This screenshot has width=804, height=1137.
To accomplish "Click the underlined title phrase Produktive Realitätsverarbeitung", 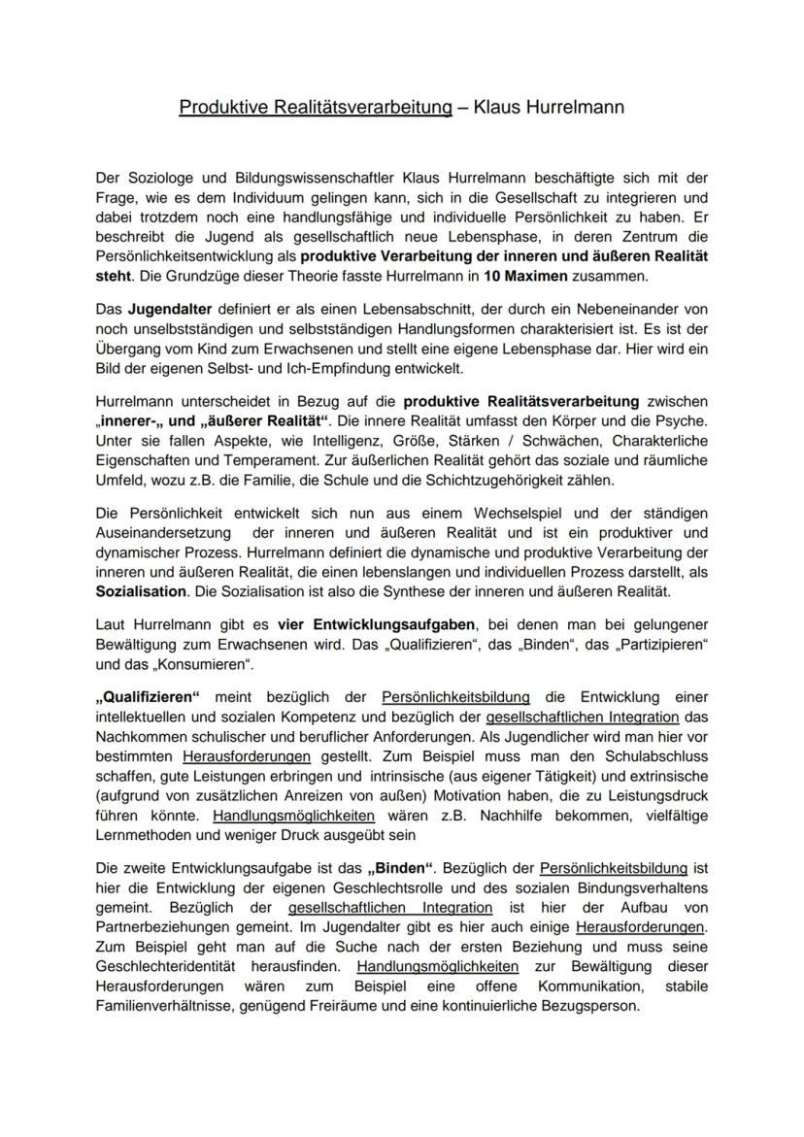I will point(316,108).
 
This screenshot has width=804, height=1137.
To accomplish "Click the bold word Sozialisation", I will point(142,591).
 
